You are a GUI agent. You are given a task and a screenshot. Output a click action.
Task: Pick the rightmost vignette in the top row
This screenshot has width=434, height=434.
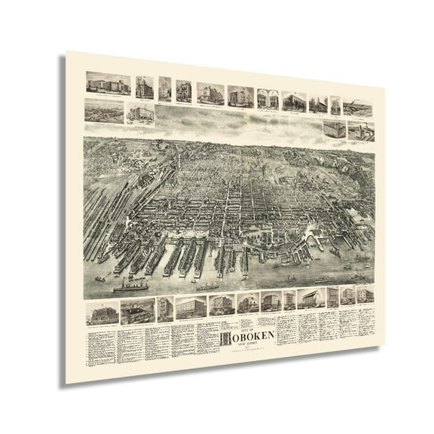[x=358, y=108]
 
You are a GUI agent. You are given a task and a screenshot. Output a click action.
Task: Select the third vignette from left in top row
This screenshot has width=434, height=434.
[x=164, y=89]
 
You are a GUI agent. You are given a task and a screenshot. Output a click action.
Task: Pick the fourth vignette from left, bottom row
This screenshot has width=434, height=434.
[x=185, y=306]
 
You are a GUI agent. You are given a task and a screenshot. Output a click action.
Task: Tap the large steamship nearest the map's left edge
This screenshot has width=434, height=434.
[x=130, y=287]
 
